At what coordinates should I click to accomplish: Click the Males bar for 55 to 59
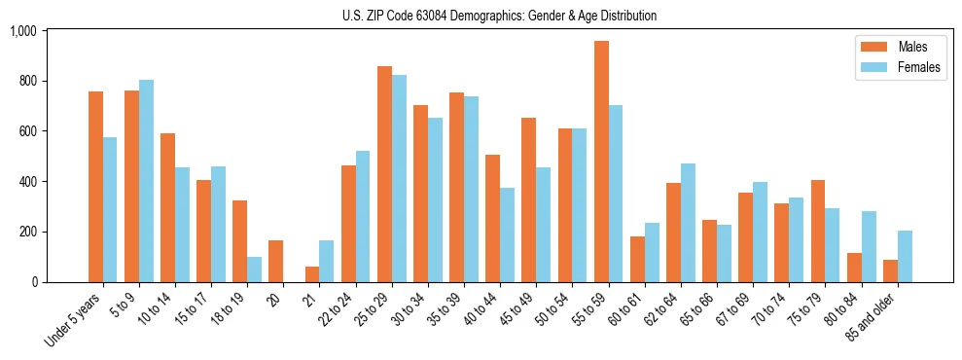pyautogui.click(x=601, y=162)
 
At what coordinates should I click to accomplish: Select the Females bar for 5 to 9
pyautogui.click(x=146, y=181)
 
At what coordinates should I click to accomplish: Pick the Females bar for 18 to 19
pyautogui.click(x=254, y=270)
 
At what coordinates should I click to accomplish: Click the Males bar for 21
pyautogui.click(x=312, y=274)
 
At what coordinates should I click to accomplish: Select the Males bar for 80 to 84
pyautogui.click(x=854, y=268)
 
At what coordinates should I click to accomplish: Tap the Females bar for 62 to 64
pyautogui.click(x=688, y=223)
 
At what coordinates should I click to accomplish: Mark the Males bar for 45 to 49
pyautogui.click(x=529, y=199)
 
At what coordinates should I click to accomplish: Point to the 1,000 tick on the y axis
pyautogui.click(x=22, y=31)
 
